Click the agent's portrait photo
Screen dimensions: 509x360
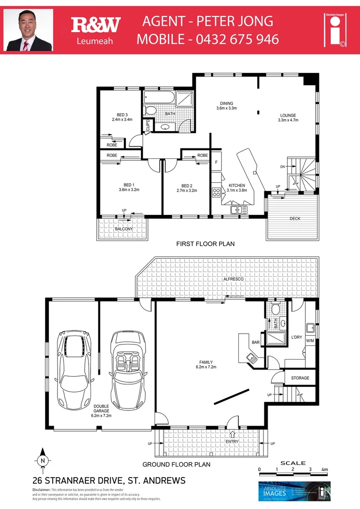tap(28, 30)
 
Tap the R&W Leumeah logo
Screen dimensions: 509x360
tap(96, 30)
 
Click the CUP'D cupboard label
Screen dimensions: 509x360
tap(147, 125)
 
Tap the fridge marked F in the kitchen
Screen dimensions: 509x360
tap(216, 162)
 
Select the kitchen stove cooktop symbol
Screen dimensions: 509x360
tap(217, 192)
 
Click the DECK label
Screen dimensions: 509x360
tap(295, 218)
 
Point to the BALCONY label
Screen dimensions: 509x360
tap(123, 229)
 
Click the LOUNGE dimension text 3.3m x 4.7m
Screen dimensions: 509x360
tap(288, 120)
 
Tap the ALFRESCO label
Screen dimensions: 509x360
tap(233, 279)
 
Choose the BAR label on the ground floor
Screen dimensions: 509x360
tap(256, 343)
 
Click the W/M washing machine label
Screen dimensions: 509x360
tap(310, 340)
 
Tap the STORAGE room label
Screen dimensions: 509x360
tap(300, 378)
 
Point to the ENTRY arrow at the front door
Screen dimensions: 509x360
tap(232, 435)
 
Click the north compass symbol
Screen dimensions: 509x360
tap(43, 459)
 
